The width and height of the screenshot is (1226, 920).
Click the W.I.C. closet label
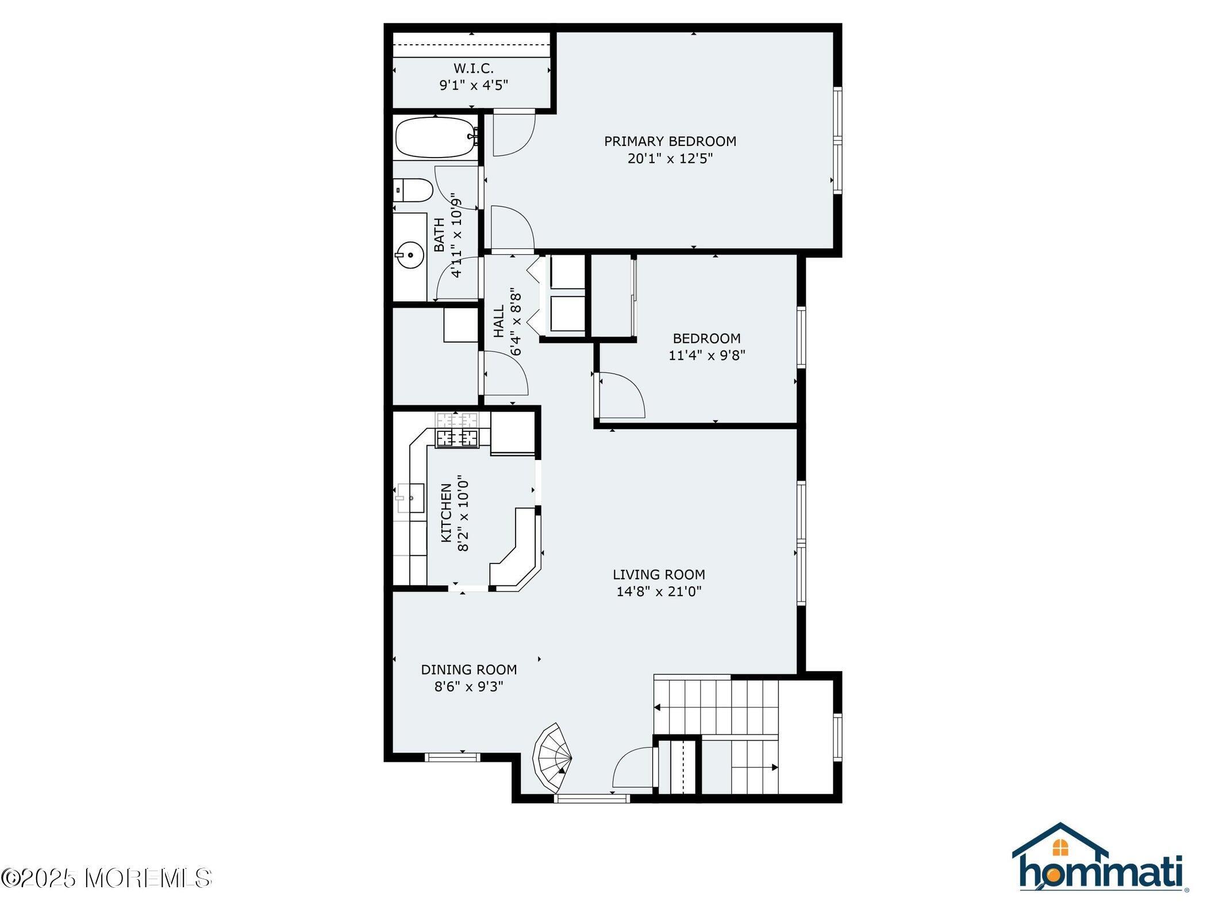(x=473, y=68)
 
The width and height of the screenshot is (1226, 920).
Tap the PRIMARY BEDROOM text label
(x=670, y=141)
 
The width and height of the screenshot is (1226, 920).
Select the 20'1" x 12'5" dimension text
(x=670, y=158)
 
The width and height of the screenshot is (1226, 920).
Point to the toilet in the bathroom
(x=413, y=190)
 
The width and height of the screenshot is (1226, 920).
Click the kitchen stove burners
(x=457, y=438)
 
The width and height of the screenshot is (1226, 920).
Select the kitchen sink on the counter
(x=410, y=498)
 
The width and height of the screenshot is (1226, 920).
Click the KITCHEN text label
(x=446, y=513)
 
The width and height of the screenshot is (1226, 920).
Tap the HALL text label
(x=498, y=321)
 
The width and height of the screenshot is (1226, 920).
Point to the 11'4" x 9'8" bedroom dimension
(x=706, y=355)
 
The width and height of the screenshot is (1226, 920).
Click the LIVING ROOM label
(x=659, y=574)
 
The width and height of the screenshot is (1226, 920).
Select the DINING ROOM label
(x=469, y=669)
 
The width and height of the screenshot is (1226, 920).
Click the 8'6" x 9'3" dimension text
(x=469, y=687)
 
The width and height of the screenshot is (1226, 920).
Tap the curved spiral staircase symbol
(x=552, y=757)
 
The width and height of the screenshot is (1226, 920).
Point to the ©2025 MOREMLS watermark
(x=107, y=878)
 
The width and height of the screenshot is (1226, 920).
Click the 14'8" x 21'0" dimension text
(x=659, y=591)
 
